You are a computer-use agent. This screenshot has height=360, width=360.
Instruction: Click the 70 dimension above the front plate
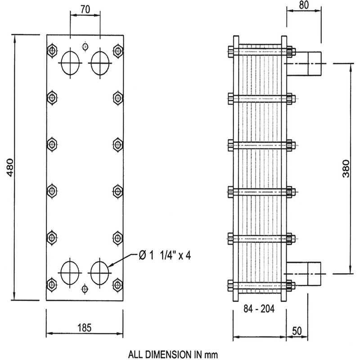[84, 9]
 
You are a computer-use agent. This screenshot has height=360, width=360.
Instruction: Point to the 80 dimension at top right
[304, 6]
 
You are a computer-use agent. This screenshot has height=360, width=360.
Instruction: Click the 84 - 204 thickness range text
[259, 309]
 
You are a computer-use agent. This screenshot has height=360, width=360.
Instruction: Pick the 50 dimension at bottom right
[296, 330]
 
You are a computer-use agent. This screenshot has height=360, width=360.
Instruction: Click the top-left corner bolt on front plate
[52, 49]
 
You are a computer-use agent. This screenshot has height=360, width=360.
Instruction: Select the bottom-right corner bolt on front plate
[118, 283]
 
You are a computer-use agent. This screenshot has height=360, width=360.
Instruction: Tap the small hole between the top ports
[85, 46]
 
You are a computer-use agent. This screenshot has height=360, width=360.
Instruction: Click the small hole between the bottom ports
[85, 288]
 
